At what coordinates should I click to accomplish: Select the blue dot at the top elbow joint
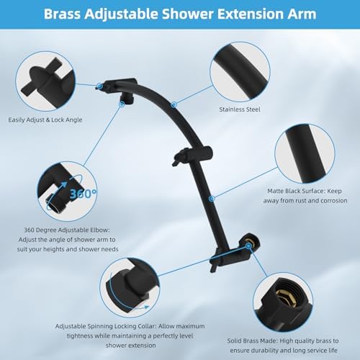(x=99, y=86)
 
